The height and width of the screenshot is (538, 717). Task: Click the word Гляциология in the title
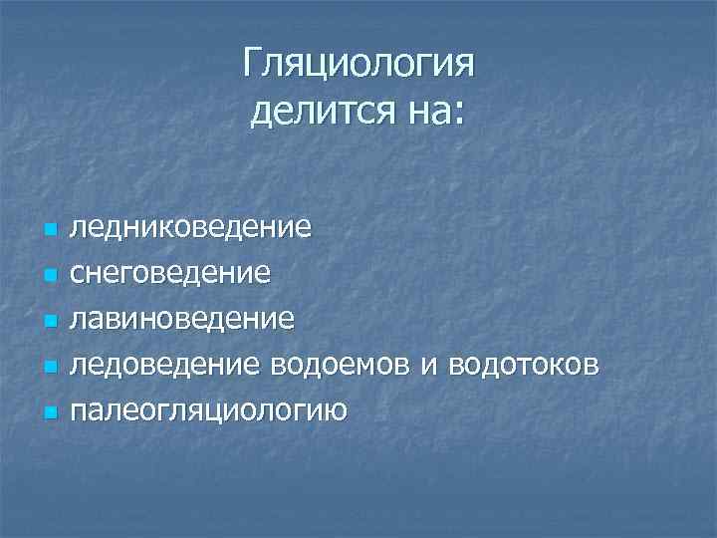358,67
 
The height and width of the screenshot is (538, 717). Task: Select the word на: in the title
429,111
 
